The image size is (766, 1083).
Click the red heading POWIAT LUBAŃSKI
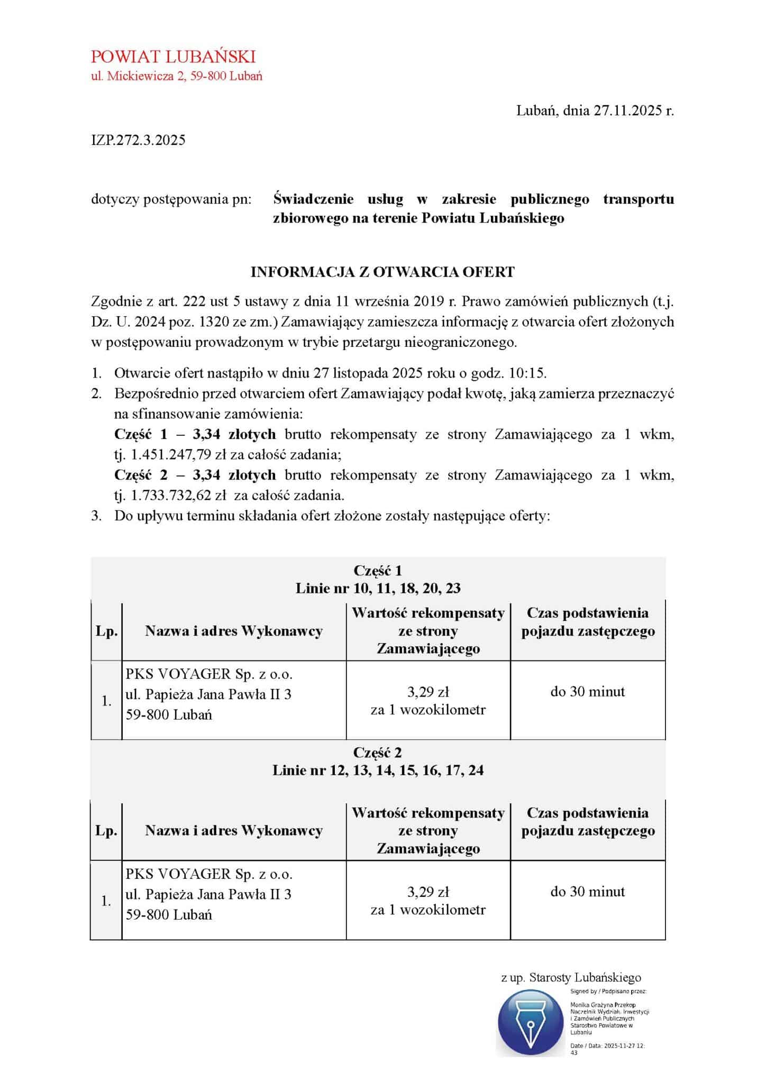click(173, 57)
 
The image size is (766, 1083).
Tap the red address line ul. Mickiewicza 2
click(177, 76)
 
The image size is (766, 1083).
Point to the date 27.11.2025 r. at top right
click(633, 111)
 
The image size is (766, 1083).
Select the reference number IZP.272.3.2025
click(138, 140)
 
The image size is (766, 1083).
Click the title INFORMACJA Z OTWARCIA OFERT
click(382, 272)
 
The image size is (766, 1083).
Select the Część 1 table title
click(378, 571)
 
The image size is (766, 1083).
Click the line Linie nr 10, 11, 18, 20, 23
click(378, 588)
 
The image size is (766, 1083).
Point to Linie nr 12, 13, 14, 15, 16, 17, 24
click(378, 770)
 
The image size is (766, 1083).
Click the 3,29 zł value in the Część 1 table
click(428, 692)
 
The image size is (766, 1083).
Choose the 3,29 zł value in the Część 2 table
click(428, 892)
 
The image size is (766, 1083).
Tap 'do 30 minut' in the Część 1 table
click(588, 692)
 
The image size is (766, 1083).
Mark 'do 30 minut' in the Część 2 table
click(588, 892)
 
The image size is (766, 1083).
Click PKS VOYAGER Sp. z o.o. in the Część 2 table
click(209, 874)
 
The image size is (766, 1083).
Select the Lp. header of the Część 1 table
click(106, 631)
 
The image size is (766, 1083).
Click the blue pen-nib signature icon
click(531, 1022)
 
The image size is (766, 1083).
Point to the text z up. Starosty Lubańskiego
click(571, 978)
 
